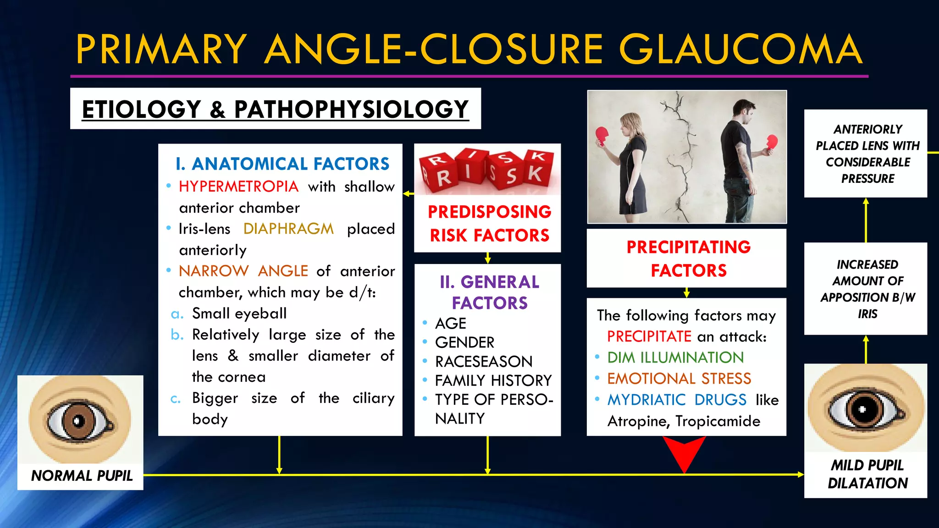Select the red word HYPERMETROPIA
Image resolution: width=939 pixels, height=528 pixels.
click(238, 187)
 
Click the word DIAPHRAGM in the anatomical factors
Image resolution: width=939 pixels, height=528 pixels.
click(288, 229)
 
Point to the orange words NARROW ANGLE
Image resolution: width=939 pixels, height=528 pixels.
click(243, 271)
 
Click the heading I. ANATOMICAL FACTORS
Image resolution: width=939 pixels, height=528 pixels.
click(282, 164)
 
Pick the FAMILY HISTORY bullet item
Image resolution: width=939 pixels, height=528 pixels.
click(493, 380)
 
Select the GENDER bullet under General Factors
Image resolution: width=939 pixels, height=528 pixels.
click(464, 342)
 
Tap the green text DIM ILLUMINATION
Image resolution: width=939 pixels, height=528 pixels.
click(675, 357)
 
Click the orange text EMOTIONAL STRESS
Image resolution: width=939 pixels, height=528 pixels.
click(679, 379)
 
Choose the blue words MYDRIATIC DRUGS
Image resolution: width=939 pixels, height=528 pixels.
click(677, 400)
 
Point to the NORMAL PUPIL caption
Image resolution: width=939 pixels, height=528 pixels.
click(82, 476)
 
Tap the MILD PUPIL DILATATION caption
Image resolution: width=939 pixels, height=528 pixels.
click(867, 474)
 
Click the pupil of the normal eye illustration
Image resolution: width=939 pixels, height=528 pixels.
click(78, 420)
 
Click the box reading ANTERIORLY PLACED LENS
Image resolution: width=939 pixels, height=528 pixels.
click(867, 154)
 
